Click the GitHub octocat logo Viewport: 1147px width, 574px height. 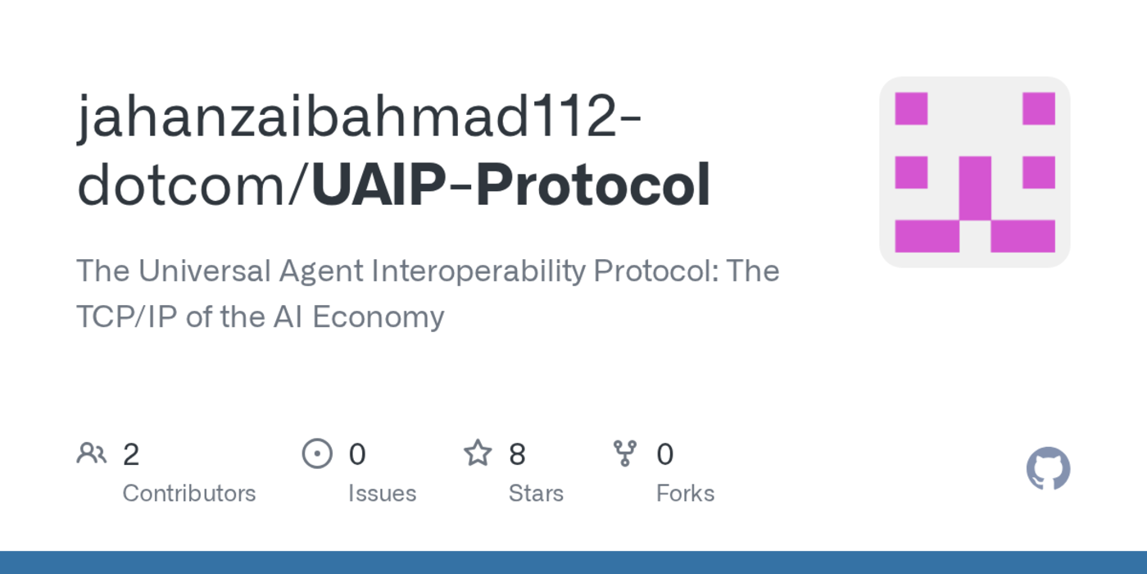tap(1048, 469)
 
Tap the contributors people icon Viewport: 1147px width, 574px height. tap(91, 453)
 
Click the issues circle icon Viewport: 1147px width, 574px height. tap(317, 453)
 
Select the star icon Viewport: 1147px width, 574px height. tap(478, 453)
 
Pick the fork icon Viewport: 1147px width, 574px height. tap(625, 453)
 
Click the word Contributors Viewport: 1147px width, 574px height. tap(188, 494)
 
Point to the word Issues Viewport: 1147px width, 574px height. tap(382, 494)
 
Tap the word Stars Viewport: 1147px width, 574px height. tap(536, 494)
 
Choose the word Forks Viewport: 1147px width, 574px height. tap(685, 494)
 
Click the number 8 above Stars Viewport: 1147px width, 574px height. tap(517, 454)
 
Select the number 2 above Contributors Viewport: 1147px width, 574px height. tap(131, 454)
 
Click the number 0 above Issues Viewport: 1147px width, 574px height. tap(357, 454)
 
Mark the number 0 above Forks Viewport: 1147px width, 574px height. tap(665, 454)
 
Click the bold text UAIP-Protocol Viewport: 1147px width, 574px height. tap(510, 184)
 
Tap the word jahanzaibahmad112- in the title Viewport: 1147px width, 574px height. tap(359, 116)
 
